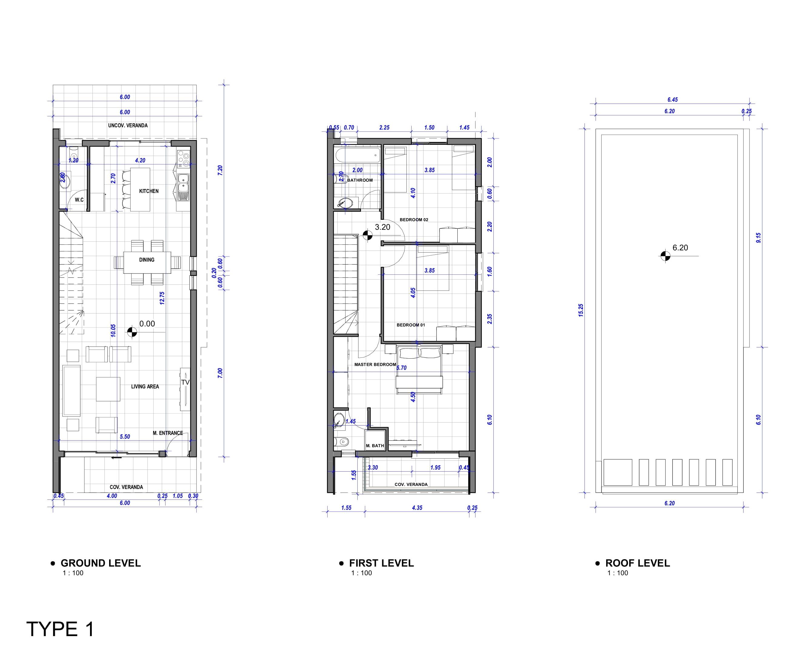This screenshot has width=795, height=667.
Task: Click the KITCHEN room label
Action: tap(149, 191)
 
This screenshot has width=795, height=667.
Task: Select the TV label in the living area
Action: tap(185, 383)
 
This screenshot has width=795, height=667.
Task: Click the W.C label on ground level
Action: tap(79, 200)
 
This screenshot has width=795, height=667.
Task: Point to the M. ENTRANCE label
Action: tap(168, 433)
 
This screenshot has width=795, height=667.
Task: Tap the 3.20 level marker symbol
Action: tap(367, 235)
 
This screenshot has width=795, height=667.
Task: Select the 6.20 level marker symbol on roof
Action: tap(665, 256)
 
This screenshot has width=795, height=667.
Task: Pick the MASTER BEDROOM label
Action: tap(375, 365)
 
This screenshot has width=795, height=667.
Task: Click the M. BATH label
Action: tap(375, 446)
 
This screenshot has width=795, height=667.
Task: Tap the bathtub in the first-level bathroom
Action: tap(357, 155)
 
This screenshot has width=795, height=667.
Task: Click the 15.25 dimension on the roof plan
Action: tap(581, 310)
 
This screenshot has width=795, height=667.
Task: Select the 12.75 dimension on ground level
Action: tap(162, 298)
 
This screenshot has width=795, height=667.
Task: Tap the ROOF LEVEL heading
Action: tap(637, 563)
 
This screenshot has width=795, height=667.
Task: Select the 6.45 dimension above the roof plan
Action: tap(673, 100)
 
